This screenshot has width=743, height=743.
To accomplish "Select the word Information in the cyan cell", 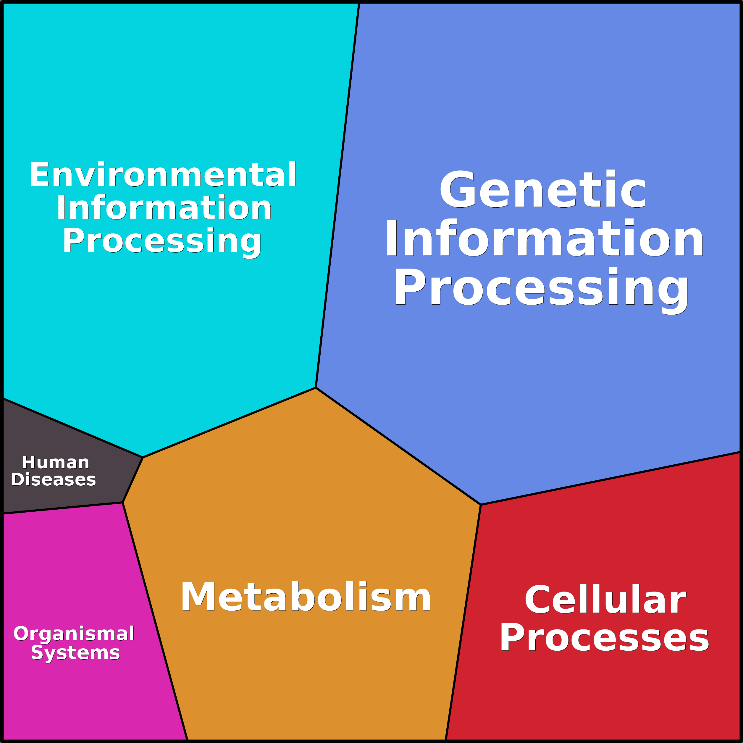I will coord(164,208).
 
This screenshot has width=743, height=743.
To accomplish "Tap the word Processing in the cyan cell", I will coord(162,241).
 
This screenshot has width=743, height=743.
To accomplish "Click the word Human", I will coord(56,462).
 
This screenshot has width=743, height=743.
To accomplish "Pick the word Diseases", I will coord(54,479).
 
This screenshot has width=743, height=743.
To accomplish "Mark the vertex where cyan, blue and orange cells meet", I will coord(316,388).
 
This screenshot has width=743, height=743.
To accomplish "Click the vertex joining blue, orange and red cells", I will coord(481,505).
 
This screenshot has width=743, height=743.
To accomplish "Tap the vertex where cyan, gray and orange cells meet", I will coord(143,457).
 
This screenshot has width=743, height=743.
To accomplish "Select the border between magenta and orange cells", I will coord(155,621).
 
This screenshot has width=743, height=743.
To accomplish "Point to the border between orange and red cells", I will coord(463,623).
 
